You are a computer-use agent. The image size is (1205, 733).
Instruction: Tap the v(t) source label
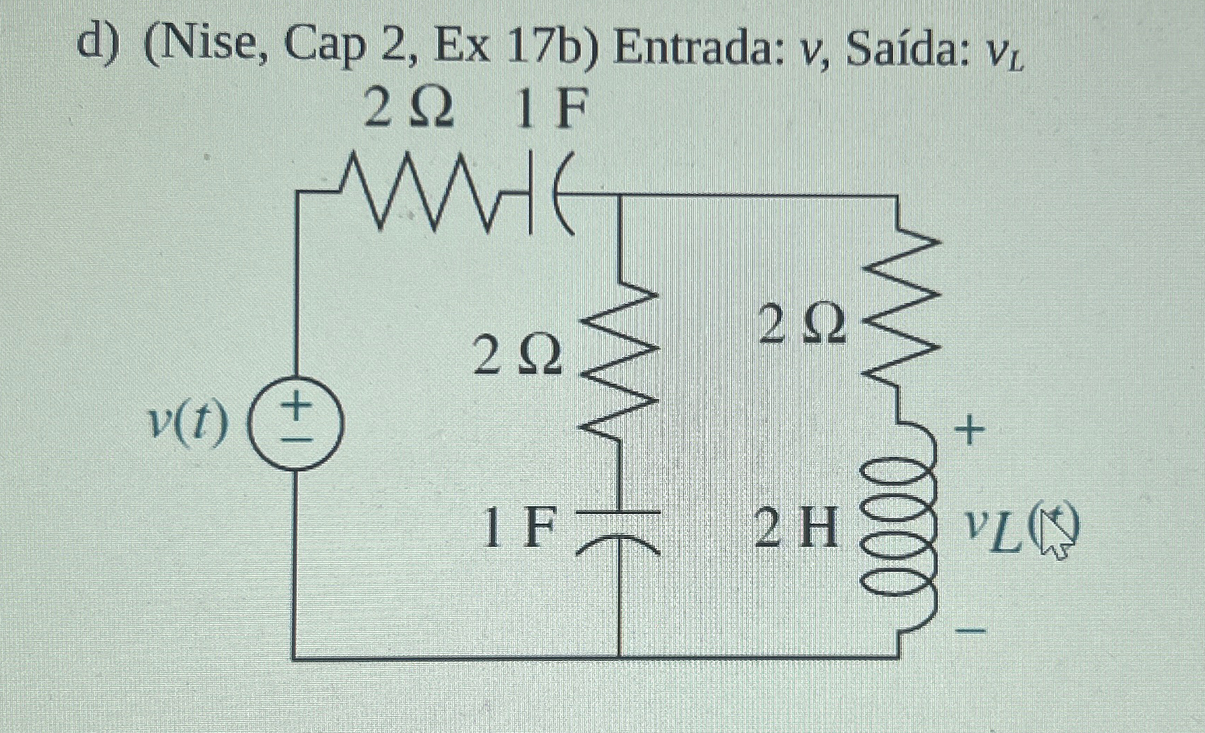point(188,424)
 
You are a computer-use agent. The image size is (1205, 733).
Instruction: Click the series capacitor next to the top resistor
point(549,194)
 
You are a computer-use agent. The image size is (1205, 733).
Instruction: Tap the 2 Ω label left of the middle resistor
point(518,354)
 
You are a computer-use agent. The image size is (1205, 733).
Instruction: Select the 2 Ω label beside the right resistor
point(802,326)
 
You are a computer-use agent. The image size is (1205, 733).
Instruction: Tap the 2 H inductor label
point(796,528)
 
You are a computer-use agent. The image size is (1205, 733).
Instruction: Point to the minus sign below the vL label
point(971,631)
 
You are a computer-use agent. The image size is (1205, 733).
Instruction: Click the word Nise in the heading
point(210,45)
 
